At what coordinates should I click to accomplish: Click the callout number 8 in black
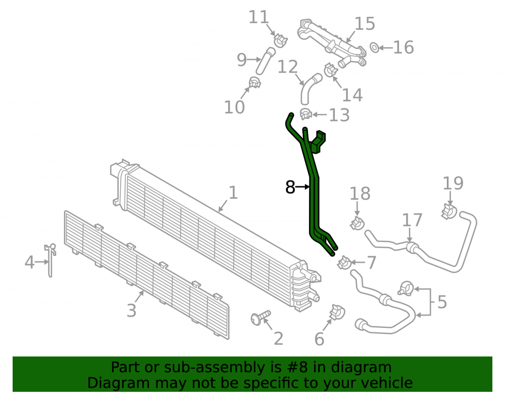pyautogui.click(x=290, y=187)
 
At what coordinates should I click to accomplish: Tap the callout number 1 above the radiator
pyautogui.click(x=233, y=193)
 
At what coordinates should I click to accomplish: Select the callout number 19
pyautogui.click(x=453, y=183)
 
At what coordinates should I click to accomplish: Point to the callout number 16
pyautogui.click(x=403, y=48)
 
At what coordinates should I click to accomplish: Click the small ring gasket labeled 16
pyautogui.click(x=374, y=48)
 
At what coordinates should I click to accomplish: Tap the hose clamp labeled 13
pyautogui.click(x=306, y=114)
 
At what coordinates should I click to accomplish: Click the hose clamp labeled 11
pyautogui.click(x=280, y=40)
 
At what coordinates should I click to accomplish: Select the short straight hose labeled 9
pyautogui.click(x=266, y=61)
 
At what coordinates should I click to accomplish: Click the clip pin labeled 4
pyautogui.click(x=50, y=259)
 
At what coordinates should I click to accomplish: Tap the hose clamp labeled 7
pyautogui.click(x=344, y=263)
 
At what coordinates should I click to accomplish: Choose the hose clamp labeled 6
pyautogui.click(x=337, y=312)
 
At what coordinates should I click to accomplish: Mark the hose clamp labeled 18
pyautogui.click(x=357, y=223)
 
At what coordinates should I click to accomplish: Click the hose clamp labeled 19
pyautogui.click(x=449, y=211)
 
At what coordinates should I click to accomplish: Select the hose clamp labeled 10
pyautogui.click(x=255, y=83)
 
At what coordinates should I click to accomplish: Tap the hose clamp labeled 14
pyautogui.click(x=330, y=70)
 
